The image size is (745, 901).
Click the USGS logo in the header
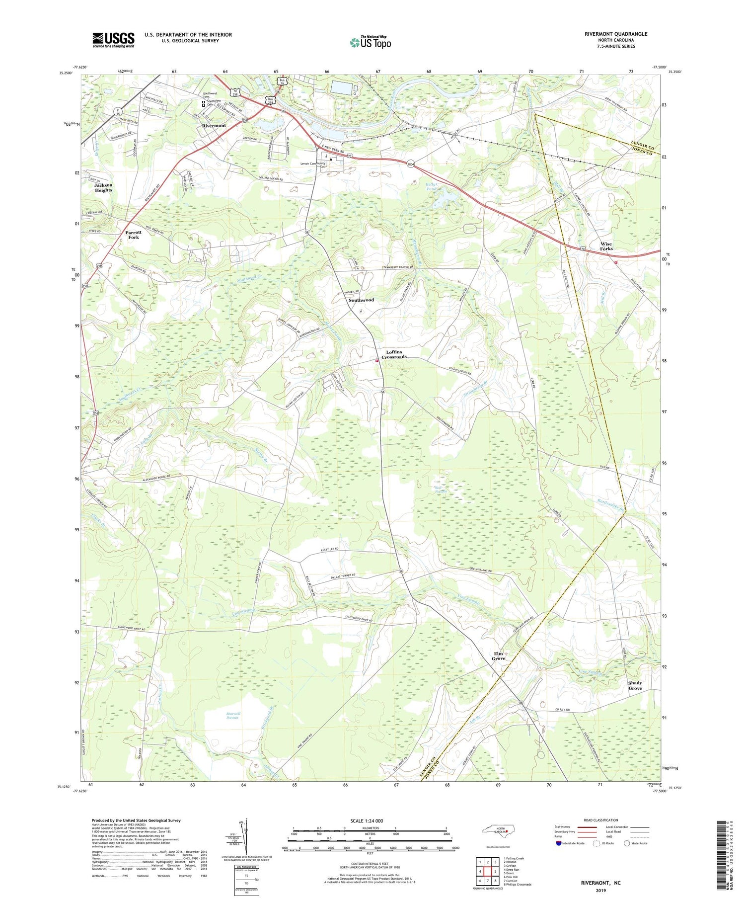[113, 40]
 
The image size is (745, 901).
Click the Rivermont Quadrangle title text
[615, 34]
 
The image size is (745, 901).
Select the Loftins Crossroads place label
[394, 354]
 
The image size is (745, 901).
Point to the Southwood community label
[361, 300]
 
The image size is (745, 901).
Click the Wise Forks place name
[606, 246]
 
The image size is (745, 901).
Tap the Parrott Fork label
[133, 235]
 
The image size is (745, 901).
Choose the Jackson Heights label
[103, 187]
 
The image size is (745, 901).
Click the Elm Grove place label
[498, 656]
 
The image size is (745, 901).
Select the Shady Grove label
[635, 685]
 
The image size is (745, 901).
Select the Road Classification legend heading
[601, 820]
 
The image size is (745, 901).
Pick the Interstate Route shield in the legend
[559, 843]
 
